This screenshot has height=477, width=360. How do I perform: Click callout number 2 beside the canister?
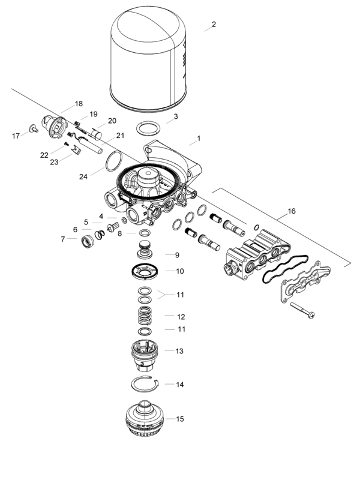[x=214, y=25]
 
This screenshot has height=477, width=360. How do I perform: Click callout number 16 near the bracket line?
[x=292, y=212]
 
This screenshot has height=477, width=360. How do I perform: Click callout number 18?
[x=79, y=104]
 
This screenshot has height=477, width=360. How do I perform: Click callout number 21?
[x=120, y=136]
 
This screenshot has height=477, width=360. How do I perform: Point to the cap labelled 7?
[x=88, y=242]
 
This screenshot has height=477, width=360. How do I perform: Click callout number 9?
[x=177, y=254]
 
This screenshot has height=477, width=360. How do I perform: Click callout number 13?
[x=179, y=350]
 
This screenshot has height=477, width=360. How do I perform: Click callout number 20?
[x=112, y=121]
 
